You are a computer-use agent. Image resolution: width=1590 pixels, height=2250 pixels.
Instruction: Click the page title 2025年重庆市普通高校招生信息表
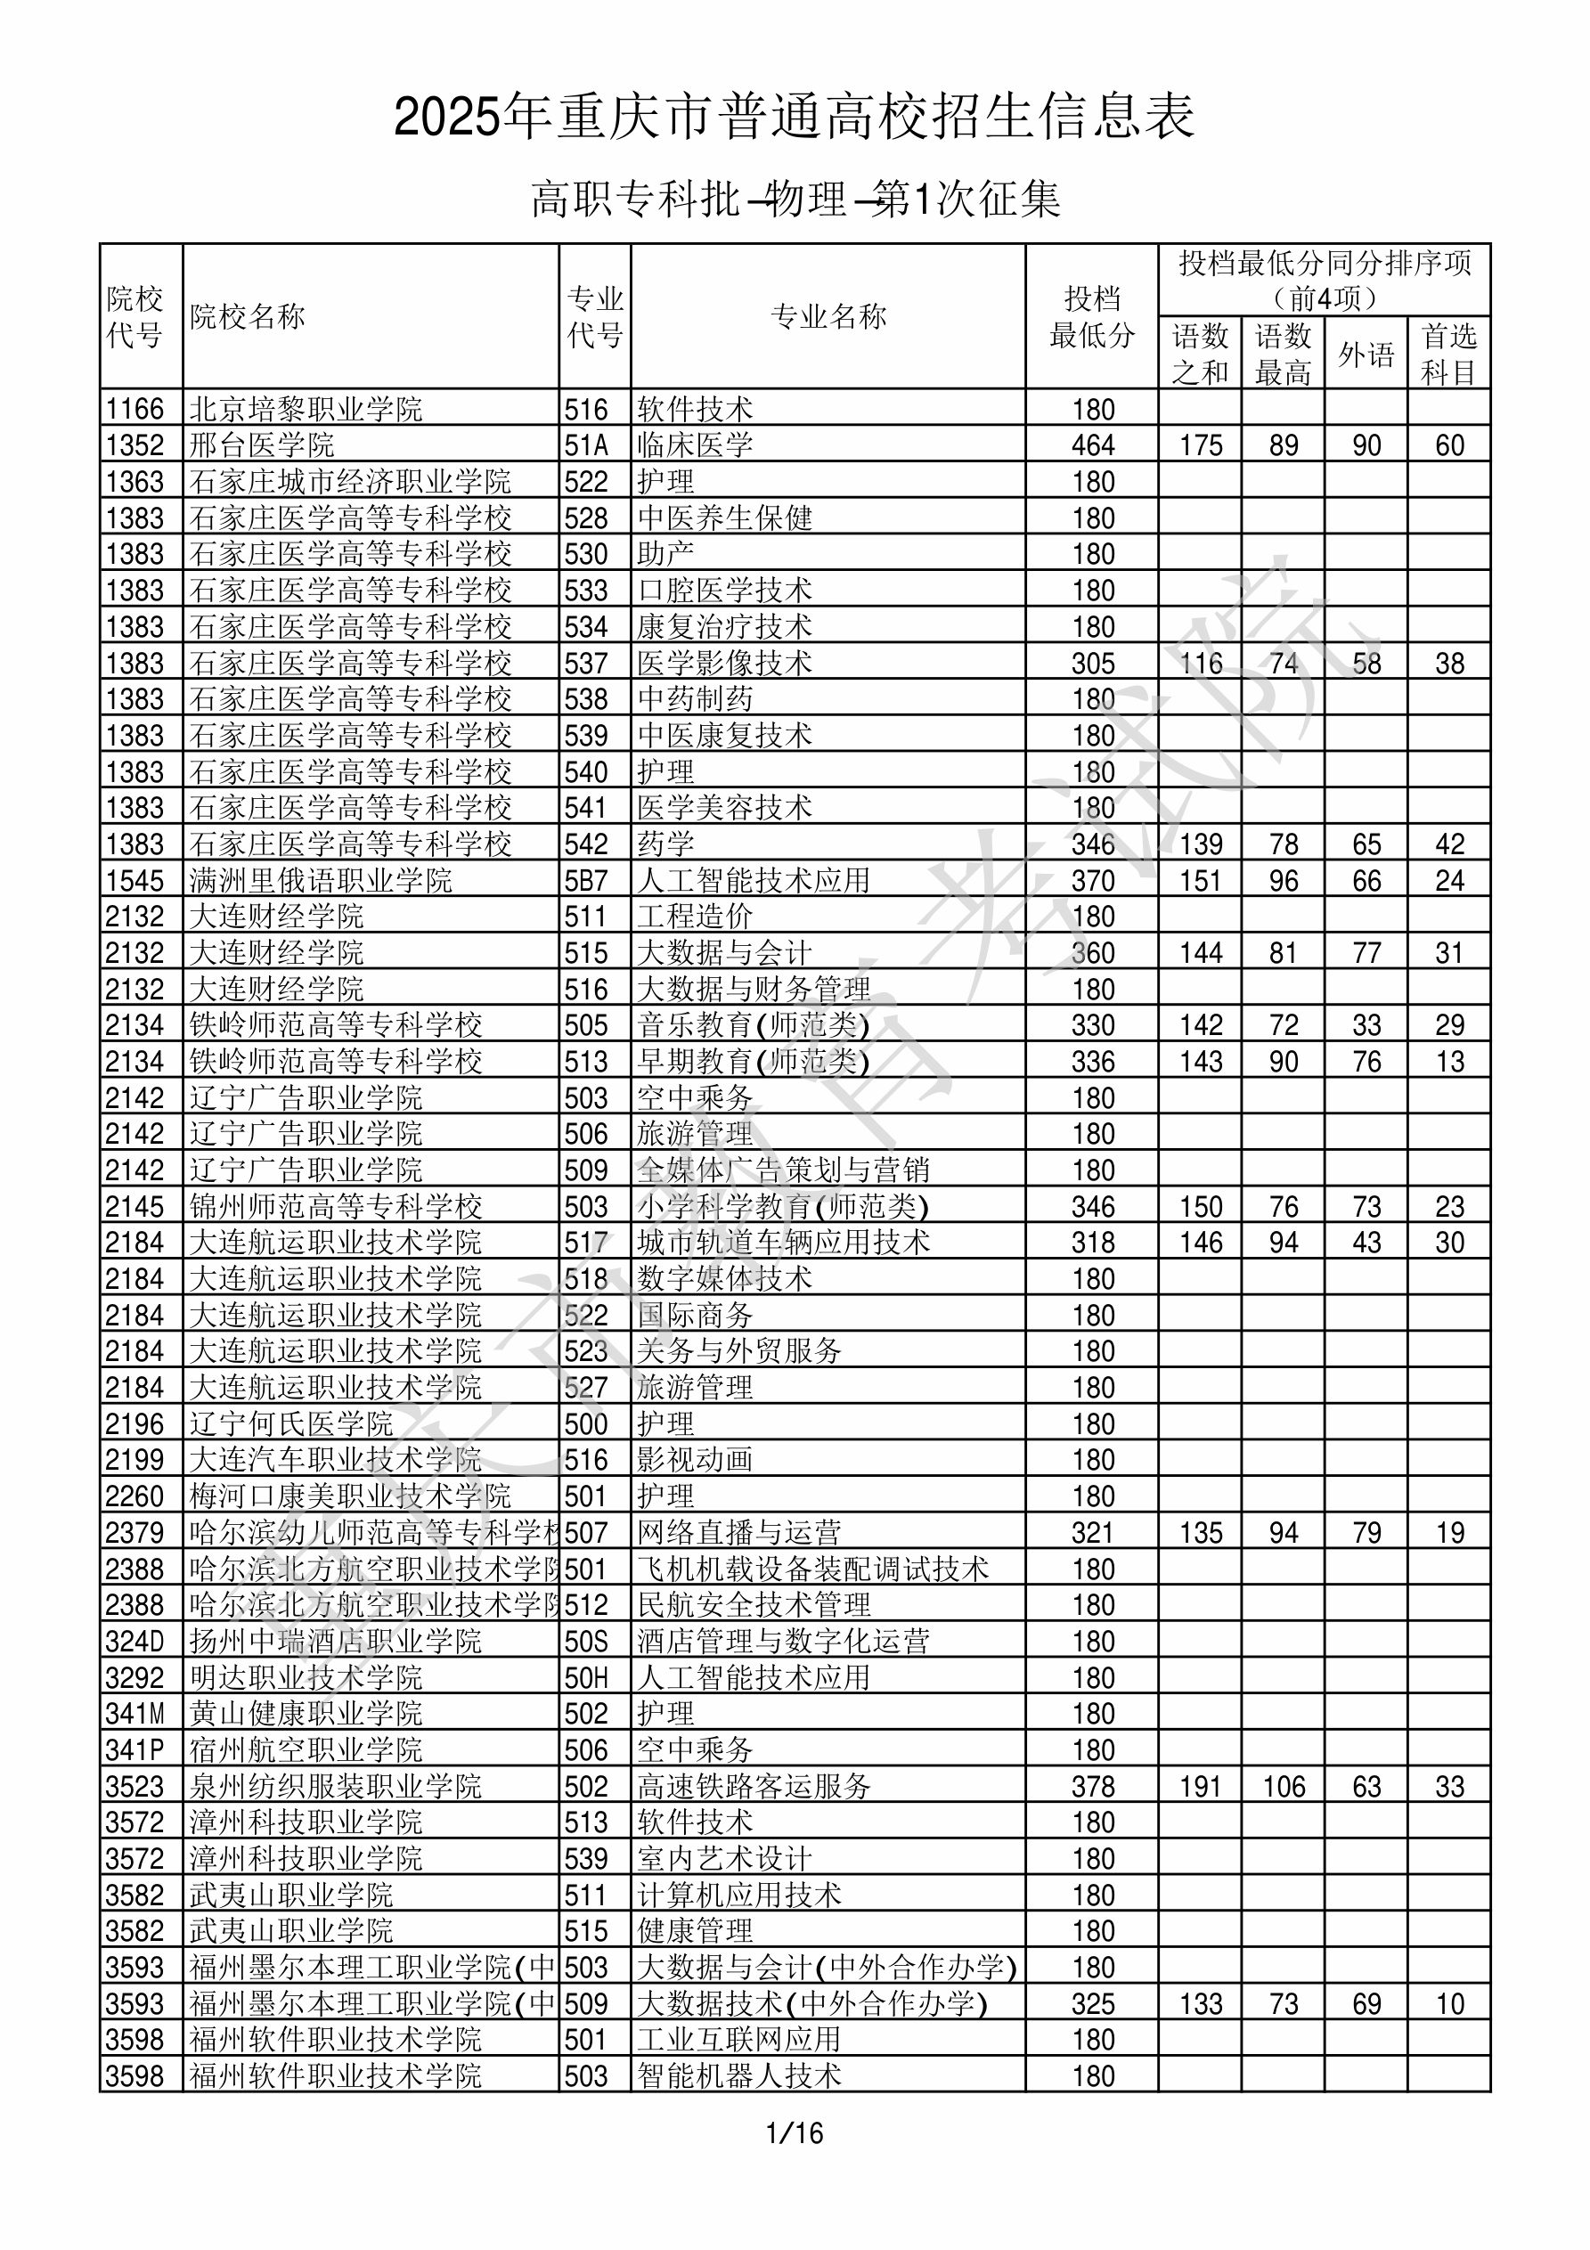pyautogui.click(x=794, y=117)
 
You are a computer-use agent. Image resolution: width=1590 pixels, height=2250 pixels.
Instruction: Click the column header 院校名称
pyautogui.click(x=248, y=316)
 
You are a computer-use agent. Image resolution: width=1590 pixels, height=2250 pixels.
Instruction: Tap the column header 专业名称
pyautogui.click(x=828, y=316)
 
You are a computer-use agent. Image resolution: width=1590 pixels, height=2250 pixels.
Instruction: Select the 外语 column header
pyautogui.click(x=1366, y=354)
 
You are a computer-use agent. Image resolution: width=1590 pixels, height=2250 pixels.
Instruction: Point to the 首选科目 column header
pyautogui.click(x=1449, y=354)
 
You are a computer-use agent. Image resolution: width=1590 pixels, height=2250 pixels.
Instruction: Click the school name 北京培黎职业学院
pyautogui.click(x=306, y=409)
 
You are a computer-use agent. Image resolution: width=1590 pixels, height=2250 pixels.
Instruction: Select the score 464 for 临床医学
pyautogui.click(x=1093, y=444)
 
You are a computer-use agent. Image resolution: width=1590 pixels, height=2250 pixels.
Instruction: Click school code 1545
pyautogui.click(x=135, y=880)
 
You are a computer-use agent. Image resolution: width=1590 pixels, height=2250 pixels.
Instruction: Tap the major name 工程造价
pyautogui.click(x=695, y=917)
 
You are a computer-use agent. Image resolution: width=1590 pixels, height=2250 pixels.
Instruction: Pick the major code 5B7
pyautogui.click(x=586, y=880)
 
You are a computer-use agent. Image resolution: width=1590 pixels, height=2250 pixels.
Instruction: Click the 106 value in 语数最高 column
pyautogui.click(x=1284, y=1787)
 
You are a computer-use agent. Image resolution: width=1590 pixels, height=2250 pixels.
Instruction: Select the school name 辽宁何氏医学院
pyautogui.click(x=291, y=1424)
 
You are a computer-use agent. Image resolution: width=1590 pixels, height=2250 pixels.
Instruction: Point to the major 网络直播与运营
pyautogui.click(x=739, y=1533)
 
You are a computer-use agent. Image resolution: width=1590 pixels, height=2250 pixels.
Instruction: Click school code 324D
pyautogui.click(x=135, y=1642)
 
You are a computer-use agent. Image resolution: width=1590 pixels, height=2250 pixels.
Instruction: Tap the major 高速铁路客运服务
pyautogui.click(x=754, y=1787)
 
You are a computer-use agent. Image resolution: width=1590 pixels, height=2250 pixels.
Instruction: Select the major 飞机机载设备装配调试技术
pyautogui.click(x=812, y=1569)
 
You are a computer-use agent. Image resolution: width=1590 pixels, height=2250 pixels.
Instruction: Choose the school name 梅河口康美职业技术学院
pyautogui.click(x=350, y=1496)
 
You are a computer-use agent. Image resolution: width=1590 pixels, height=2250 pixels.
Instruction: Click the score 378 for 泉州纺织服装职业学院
pyautogui.click(x=1093, y=1787)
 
